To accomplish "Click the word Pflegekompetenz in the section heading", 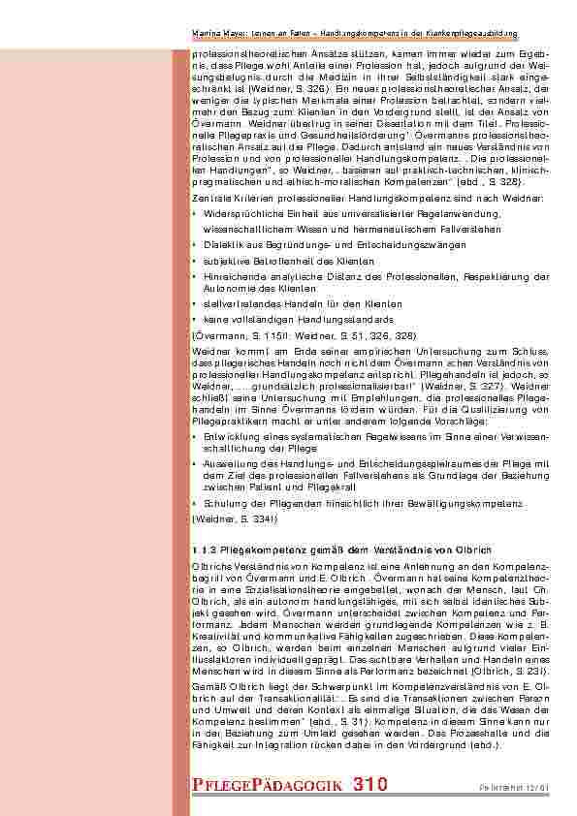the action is (253, 549).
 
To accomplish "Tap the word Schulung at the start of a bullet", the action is (221, 505).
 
